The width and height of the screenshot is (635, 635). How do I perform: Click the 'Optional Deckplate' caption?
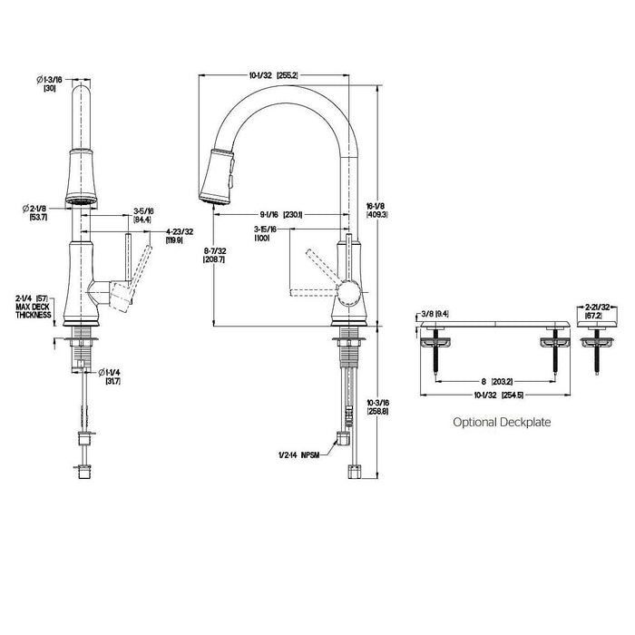[502, 422]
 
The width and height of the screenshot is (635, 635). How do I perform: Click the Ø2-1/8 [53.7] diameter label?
[51, 213]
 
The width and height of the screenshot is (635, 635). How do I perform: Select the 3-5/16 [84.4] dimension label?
[142, 214]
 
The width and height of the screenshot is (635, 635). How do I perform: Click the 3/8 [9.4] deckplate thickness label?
[435, 313]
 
